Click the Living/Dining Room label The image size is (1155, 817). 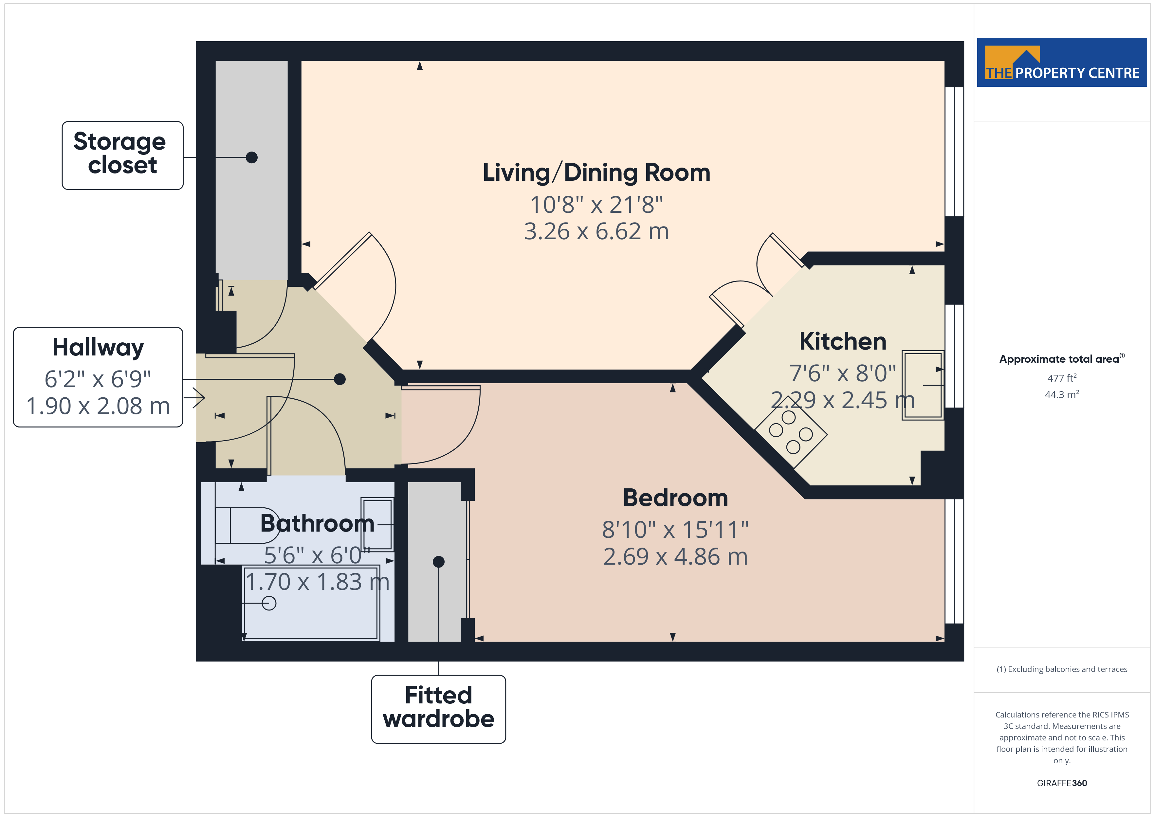click(596, 172)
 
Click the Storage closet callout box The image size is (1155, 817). click(122, 155)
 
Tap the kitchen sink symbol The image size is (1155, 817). click(922, 385)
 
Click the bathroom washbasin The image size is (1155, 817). click(377, 524)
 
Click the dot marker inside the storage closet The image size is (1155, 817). click(251, 157)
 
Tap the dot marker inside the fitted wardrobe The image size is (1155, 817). click(439, 561)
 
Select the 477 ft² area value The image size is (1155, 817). click(1062, 378)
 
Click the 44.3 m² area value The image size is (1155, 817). click(1062, 394)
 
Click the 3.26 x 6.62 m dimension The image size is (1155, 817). click(596, 231)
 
